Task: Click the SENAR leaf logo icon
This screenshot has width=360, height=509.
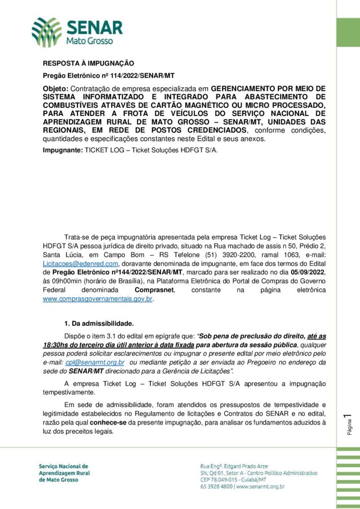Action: pos(47,31)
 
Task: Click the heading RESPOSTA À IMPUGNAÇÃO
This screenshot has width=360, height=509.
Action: pos(89,63)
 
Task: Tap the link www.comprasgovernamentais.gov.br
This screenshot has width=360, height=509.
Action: pos(98,299)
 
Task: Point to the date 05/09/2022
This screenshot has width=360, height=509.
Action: pos(305,272)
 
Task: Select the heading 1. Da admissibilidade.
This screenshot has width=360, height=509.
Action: pos(99,324)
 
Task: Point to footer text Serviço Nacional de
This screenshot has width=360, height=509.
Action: pos(63,466)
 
